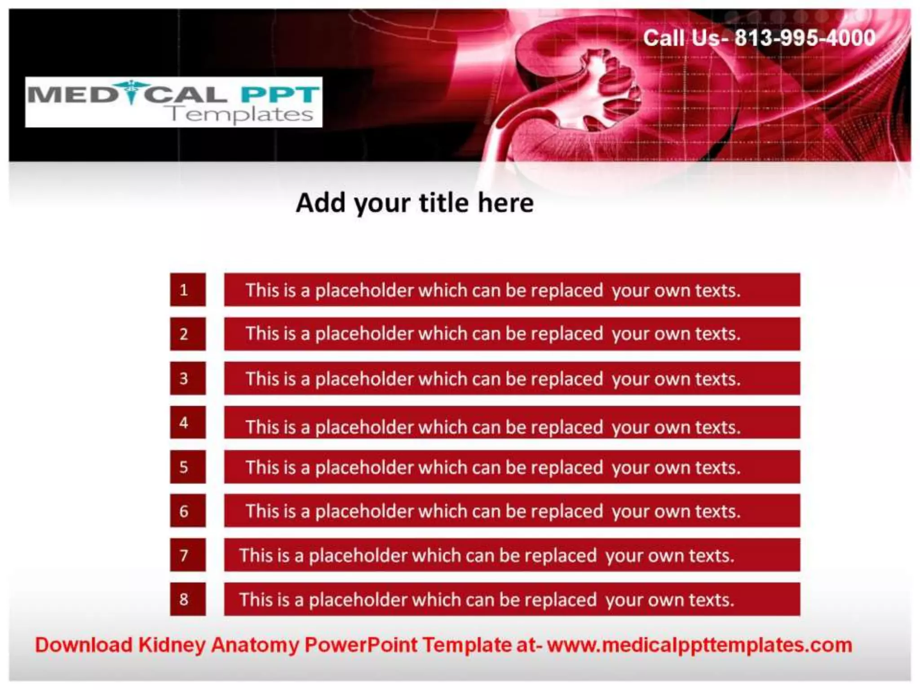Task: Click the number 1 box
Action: pyautogui.click(x=188, y=290)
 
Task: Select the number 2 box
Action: pyautogui.click(x=188, y=334)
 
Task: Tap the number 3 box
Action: pyautogui.click(x=188, y=378)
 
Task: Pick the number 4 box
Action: pyautogui.click(x=188, y=422)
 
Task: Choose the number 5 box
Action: pyautogui.click(x=188, y=467)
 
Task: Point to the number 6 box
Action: pyautogui.click(x=188, y=511)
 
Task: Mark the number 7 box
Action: pyautogui.click(x=188, y=555)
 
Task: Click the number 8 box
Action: pyautogui.click(x=188, y=599)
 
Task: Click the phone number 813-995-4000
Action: pyautogui.click(x=805, y=38)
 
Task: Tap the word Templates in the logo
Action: pyautogui.click(x=241, y=115)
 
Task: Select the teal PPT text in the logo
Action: pyautogui.click(x=279, y=94)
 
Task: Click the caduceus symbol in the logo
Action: pyautogui.click(x=131, y=92)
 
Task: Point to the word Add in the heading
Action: pyautogui.click(x=322, y=203)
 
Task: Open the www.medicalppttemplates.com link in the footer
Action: pyautogui.click(x=699, y=645)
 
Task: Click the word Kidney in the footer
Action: pyautogui.click(x=172, y=645)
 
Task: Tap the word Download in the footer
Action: pyautogui.click(x=84, y=645)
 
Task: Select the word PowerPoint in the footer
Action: pyautogui.click(x=361, y=645)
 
